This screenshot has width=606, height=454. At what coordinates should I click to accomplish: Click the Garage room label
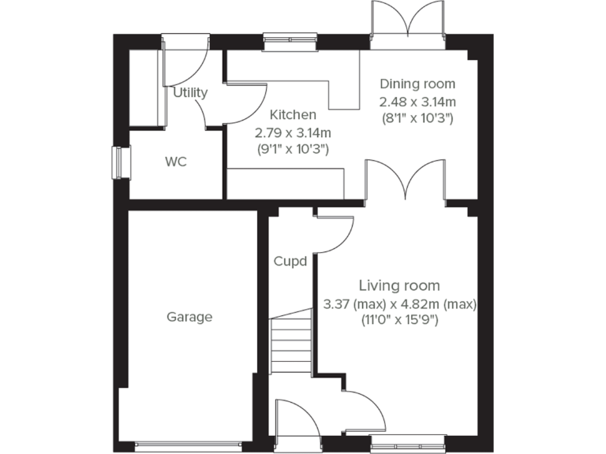click(189, 317)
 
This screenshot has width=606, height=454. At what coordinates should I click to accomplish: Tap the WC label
click(175, 162)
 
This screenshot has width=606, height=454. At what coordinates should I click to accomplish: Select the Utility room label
click(190, 92)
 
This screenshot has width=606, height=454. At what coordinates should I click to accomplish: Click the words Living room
click(399, 285)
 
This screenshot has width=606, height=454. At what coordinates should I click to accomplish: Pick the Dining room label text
click(417, 84)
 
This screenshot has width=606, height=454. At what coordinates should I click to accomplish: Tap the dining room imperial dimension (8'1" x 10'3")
click(417, 118)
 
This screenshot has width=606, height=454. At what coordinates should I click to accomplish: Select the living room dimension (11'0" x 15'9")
click(399, 321)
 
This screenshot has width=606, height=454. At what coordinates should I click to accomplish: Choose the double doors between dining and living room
click(405, 183)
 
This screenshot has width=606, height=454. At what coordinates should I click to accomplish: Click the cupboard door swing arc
click(335, 234)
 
